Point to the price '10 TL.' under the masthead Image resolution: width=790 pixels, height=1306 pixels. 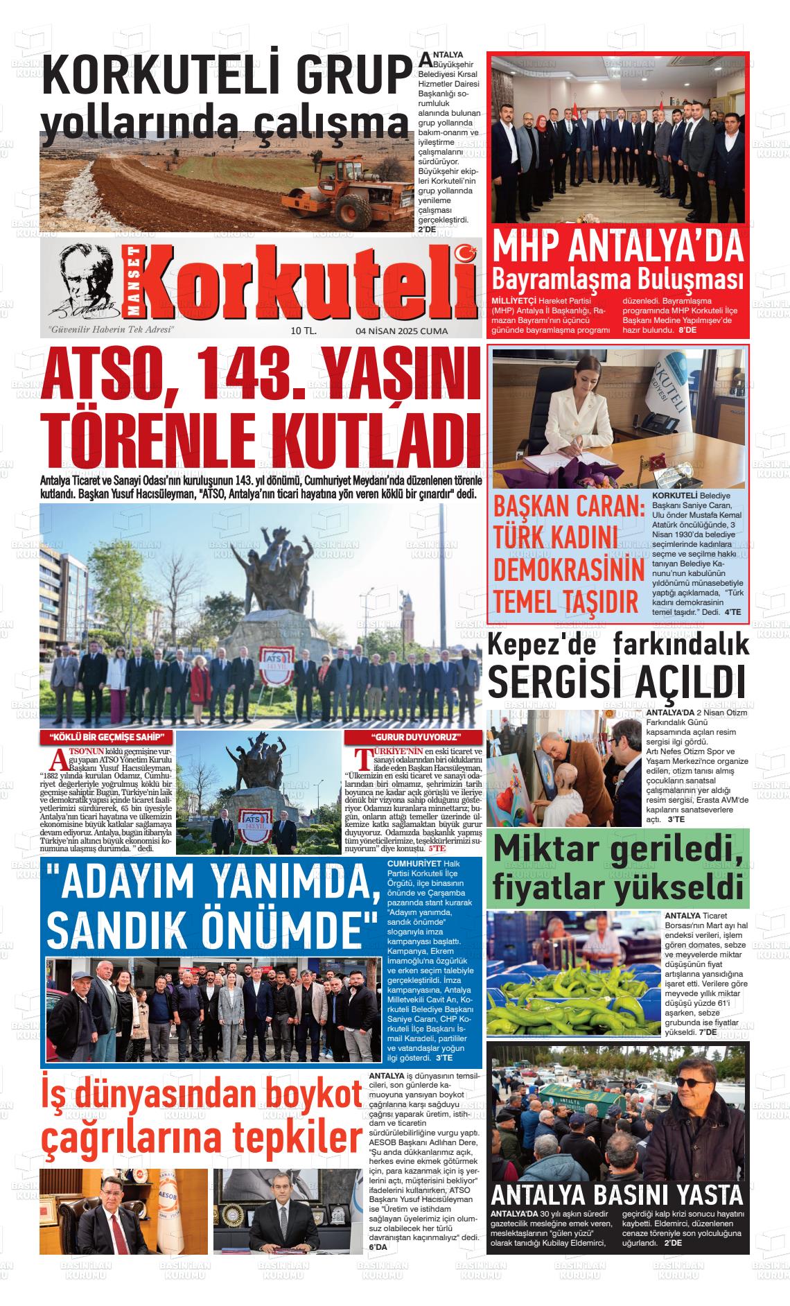tap(304, 331)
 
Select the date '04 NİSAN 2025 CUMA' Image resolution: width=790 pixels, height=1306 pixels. tap(401, 331)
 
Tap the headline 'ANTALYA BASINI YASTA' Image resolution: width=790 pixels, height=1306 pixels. tap(616, 1194)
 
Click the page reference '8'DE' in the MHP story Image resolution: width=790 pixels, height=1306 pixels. tap(687, 331)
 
